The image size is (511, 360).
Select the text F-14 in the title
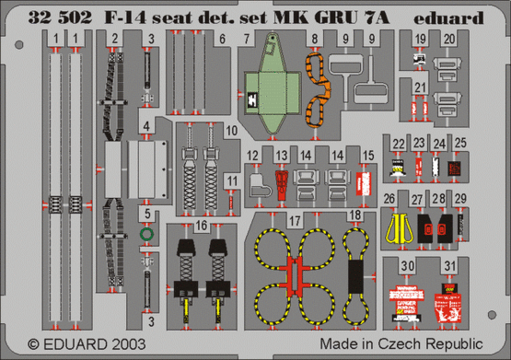coord(116,16)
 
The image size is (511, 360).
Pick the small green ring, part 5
coord(146,236)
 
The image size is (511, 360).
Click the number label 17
coord(295,222)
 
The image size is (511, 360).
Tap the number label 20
coord(448,40)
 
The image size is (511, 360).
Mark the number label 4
coord(146,122)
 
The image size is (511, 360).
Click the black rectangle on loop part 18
coord(354,273)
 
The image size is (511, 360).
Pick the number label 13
coord(283,153)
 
